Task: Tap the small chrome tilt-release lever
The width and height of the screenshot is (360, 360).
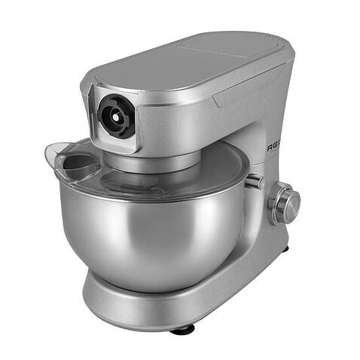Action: tap(254, 182)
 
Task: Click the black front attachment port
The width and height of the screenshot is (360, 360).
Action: tap(117, 115)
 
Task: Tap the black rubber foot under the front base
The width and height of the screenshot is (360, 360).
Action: tap(182, 329)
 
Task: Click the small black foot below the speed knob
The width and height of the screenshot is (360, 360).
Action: tap(285, 248)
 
